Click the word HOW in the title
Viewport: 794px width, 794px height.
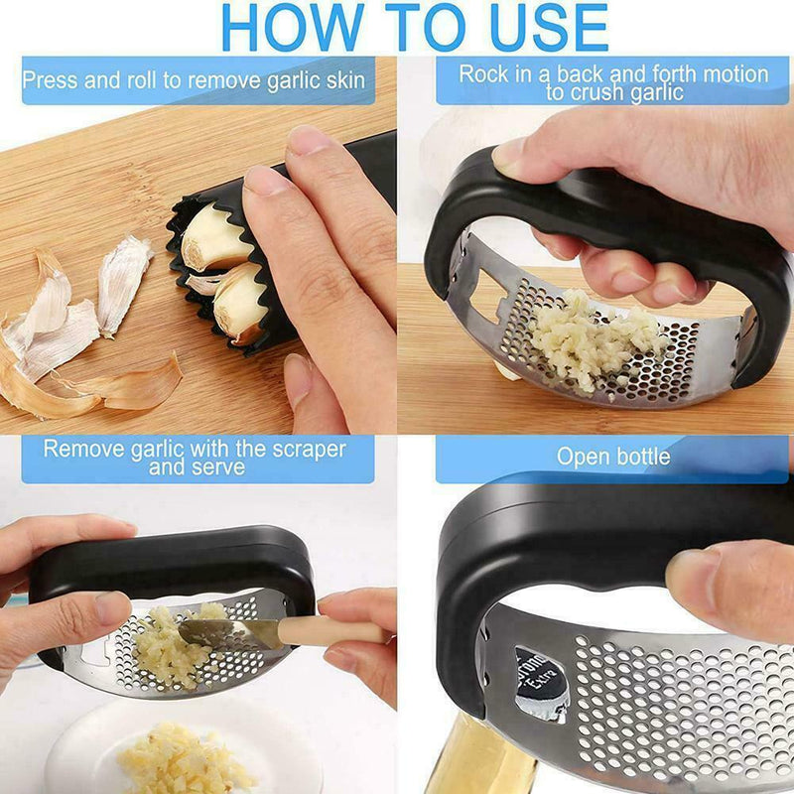293,28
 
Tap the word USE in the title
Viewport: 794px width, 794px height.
549,28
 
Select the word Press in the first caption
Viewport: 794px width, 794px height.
51,80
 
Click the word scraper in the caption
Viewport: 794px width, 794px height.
309,450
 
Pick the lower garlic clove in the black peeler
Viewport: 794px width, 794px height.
238,303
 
